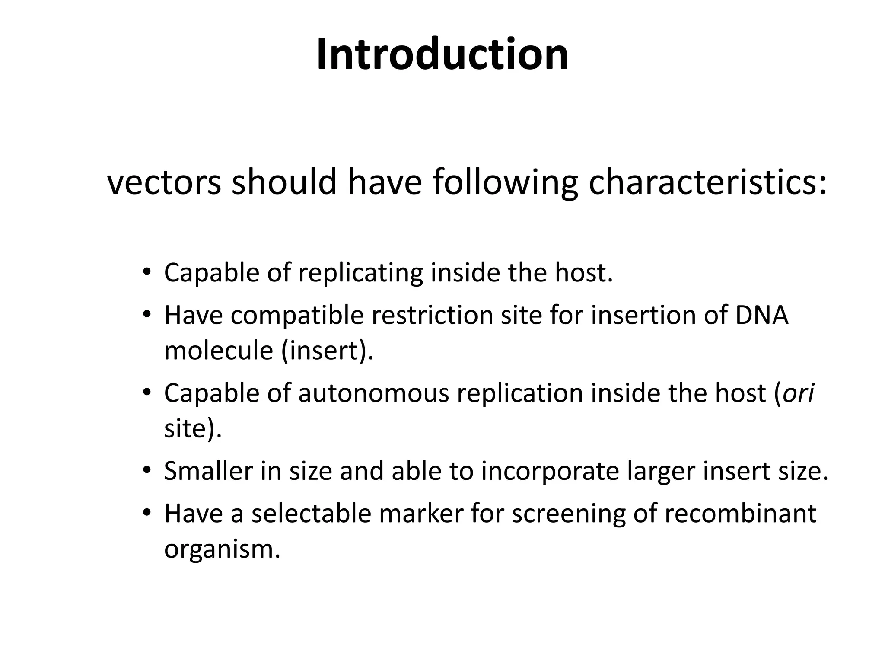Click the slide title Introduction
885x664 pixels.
(x=442, y=55)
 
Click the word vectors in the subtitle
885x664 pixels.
(x=164, y=182)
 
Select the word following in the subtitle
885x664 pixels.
(x=505, y=182)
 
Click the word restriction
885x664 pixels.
(x=432, y=315)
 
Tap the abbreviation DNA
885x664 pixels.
(x=761, y=315)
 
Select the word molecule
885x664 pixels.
(x=219, y=350)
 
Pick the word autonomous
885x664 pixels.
(x=374, y=393)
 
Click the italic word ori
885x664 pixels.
(x=799, y=393)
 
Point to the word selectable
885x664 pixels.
(x=312, y=514)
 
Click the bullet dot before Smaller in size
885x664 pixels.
(x=147, y=470)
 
